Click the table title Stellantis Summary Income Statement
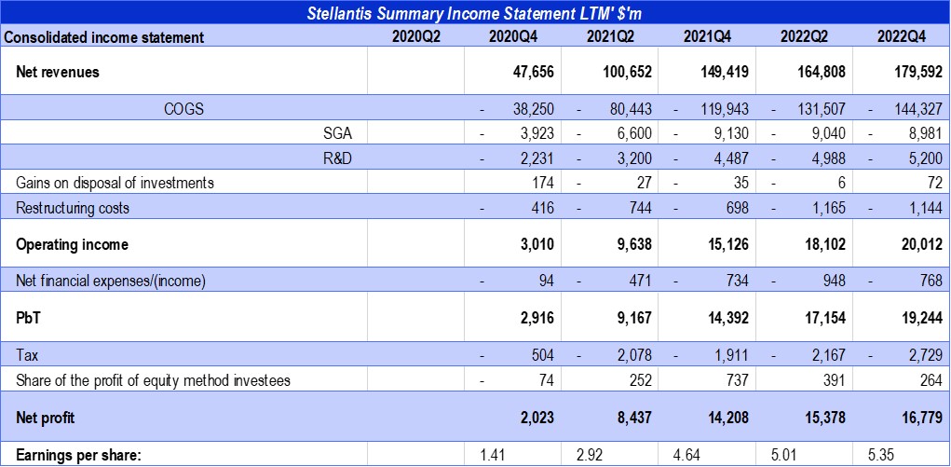pos(474,13)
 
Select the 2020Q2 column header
pos(416,37)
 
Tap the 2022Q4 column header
pos(902,37)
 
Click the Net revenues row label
pos(57,72)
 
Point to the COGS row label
pos(183,108)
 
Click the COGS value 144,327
pos(916,108)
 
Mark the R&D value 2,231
pos(534,158)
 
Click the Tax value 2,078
pos(631,354)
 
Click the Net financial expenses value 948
pos(827,281)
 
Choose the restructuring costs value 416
pos(539,208)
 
